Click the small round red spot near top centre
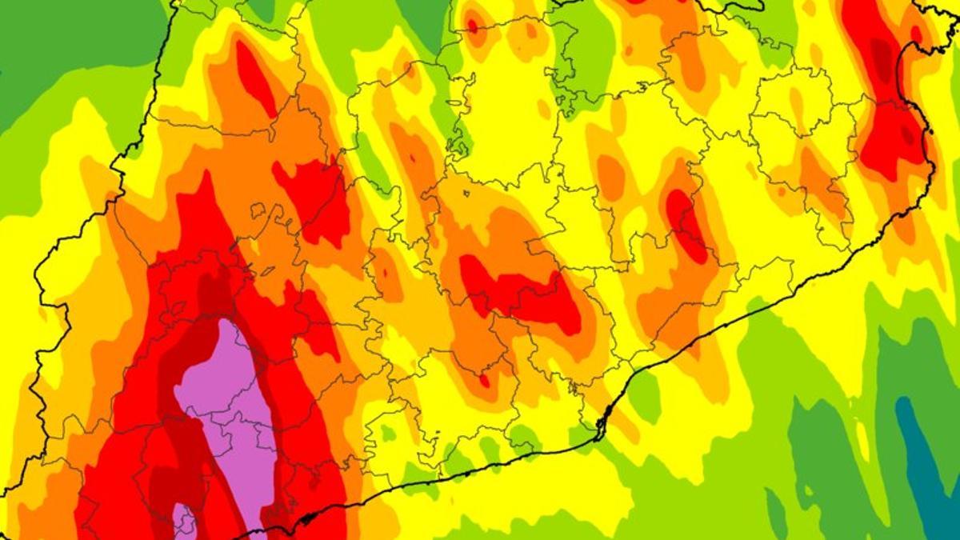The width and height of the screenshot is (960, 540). coord(473,26)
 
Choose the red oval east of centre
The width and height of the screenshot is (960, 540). coord(686,224)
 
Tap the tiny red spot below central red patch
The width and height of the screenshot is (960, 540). coord(485,380)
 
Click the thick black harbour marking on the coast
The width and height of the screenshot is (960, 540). coord(603,421)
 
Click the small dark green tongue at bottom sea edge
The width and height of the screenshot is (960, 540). coord(775,512)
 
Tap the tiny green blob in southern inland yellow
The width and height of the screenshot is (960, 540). coord(387,433)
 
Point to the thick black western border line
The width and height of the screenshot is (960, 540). coord(40,320)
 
